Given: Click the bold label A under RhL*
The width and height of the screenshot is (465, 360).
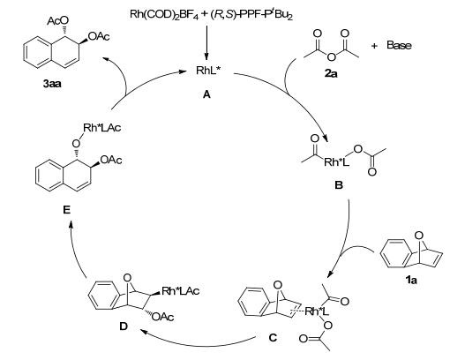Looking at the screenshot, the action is coord(206,94).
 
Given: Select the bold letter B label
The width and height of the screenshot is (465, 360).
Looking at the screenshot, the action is coord(339,185).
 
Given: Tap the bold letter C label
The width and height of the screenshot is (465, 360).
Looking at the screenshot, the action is coord(273,337).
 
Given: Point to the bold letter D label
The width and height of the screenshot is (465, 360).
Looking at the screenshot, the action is coord(124,326).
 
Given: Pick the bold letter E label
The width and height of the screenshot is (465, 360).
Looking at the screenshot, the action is coord(67,210).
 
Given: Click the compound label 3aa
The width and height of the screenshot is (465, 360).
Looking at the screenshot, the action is coord(52,84).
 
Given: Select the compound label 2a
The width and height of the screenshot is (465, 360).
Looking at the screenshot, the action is coord(331,73).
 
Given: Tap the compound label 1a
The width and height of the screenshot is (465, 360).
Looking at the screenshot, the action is coord(410,280).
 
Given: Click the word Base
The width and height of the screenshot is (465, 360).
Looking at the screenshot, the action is coord(399,45).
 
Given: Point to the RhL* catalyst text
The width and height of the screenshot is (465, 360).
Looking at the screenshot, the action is coord(209,71).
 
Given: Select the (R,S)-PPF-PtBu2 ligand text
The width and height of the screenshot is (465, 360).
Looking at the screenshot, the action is coord(251,14).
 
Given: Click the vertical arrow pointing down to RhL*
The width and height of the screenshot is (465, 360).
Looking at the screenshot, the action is coord(206,43).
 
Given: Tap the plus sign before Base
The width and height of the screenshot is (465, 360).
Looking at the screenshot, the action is coord(374,46).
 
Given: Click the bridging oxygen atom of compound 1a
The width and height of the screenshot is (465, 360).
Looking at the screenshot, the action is coord(419,236).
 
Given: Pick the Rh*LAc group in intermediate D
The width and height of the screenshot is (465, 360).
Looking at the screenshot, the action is coord(181,291).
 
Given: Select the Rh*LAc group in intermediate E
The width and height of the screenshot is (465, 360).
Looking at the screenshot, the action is coord(102,128).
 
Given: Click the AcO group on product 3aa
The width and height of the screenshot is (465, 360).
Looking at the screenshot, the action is coord(58,21).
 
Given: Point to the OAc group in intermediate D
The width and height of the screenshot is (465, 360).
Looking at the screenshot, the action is coord(163,317).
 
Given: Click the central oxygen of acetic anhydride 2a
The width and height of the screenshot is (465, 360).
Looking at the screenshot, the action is coord(332,56).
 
